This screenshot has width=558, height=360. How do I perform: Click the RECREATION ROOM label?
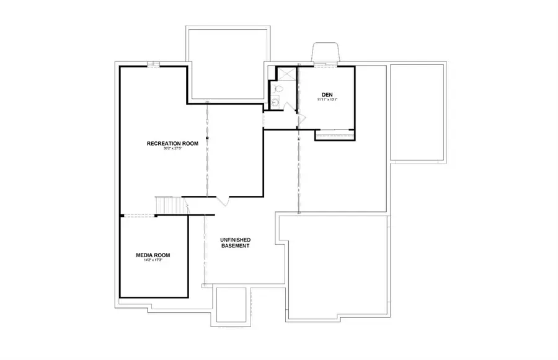coord(172,144)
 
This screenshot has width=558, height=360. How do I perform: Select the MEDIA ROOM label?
coord(153,255)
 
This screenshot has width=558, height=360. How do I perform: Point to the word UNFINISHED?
coord(236,240)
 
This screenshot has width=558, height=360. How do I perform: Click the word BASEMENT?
coord(236,246)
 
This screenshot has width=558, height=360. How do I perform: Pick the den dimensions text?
coord(327,99)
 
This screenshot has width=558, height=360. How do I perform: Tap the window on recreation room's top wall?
coord(153,64)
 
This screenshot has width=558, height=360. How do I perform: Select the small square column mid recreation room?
coord(208,137)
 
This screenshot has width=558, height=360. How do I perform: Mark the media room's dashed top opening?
coord(139,215)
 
